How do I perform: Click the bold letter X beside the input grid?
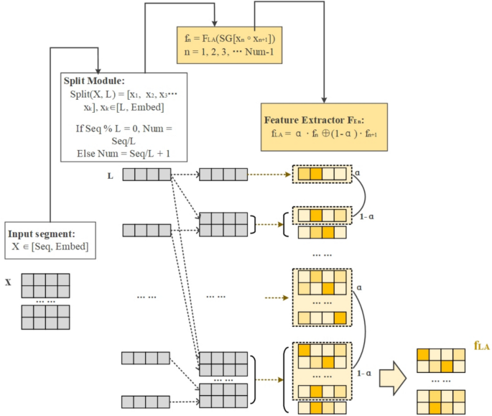[8, 282]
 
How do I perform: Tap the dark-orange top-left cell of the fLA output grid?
[422, 354]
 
